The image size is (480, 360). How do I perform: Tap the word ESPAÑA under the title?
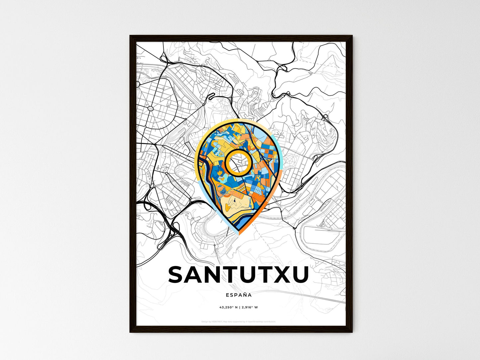point(239,295)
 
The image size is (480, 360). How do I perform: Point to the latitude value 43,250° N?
point(229,308)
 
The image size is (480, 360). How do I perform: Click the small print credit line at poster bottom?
point(239,321)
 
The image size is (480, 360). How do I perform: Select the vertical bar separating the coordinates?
point(240,308)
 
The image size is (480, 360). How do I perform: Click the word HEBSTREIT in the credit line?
point(218,321)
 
